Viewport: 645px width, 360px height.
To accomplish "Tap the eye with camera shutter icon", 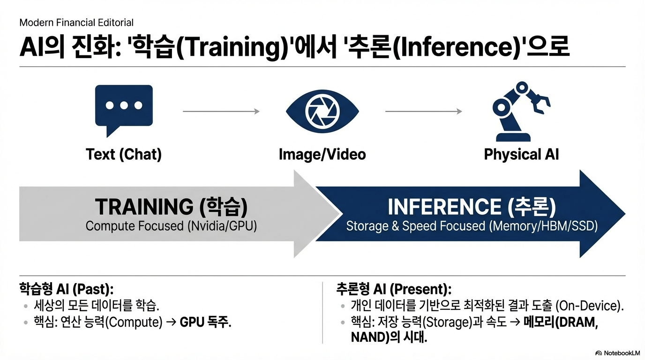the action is click(x=322, y=111).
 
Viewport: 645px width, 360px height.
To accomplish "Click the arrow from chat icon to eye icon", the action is click(x=221, y=111).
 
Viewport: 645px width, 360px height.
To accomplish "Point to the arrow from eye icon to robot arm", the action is click(x=424, y=111).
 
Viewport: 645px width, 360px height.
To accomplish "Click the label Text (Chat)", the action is click(x=124, y=154).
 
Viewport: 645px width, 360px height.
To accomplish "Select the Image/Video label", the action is click(x=322, y=154).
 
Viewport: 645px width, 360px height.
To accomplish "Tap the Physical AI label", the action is click(x=521, y=154).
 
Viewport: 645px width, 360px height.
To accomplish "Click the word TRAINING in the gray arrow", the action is click(x=144, y=207).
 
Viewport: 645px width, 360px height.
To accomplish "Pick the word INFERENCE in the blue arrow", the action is click(x=444, y=207).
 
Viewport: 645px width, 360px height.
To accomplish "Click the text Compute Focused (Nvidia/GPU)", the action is click(x=171, y=226).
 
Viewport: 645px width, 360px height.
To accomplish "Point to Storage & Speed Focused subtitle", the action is click(x=472, y=226).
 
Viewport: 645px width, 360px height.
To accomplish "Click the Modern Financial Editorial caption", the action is click(x=76, y=22).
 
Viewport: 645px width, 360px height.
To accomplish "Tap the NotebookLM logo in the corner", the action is click(x=617, y=353).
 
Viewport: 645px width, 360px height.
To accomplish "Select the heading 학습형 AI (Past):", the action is click(x=67, y=289).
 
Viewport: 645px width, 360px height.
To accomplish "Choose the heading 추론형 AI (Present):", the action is click(x=394, y=289).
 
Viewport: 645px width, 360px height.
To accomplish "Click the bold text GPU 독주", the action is click(x=206, y=322).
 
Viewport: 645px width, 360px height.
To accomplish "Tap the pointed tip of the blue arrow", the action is click(x=625, y=214).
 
